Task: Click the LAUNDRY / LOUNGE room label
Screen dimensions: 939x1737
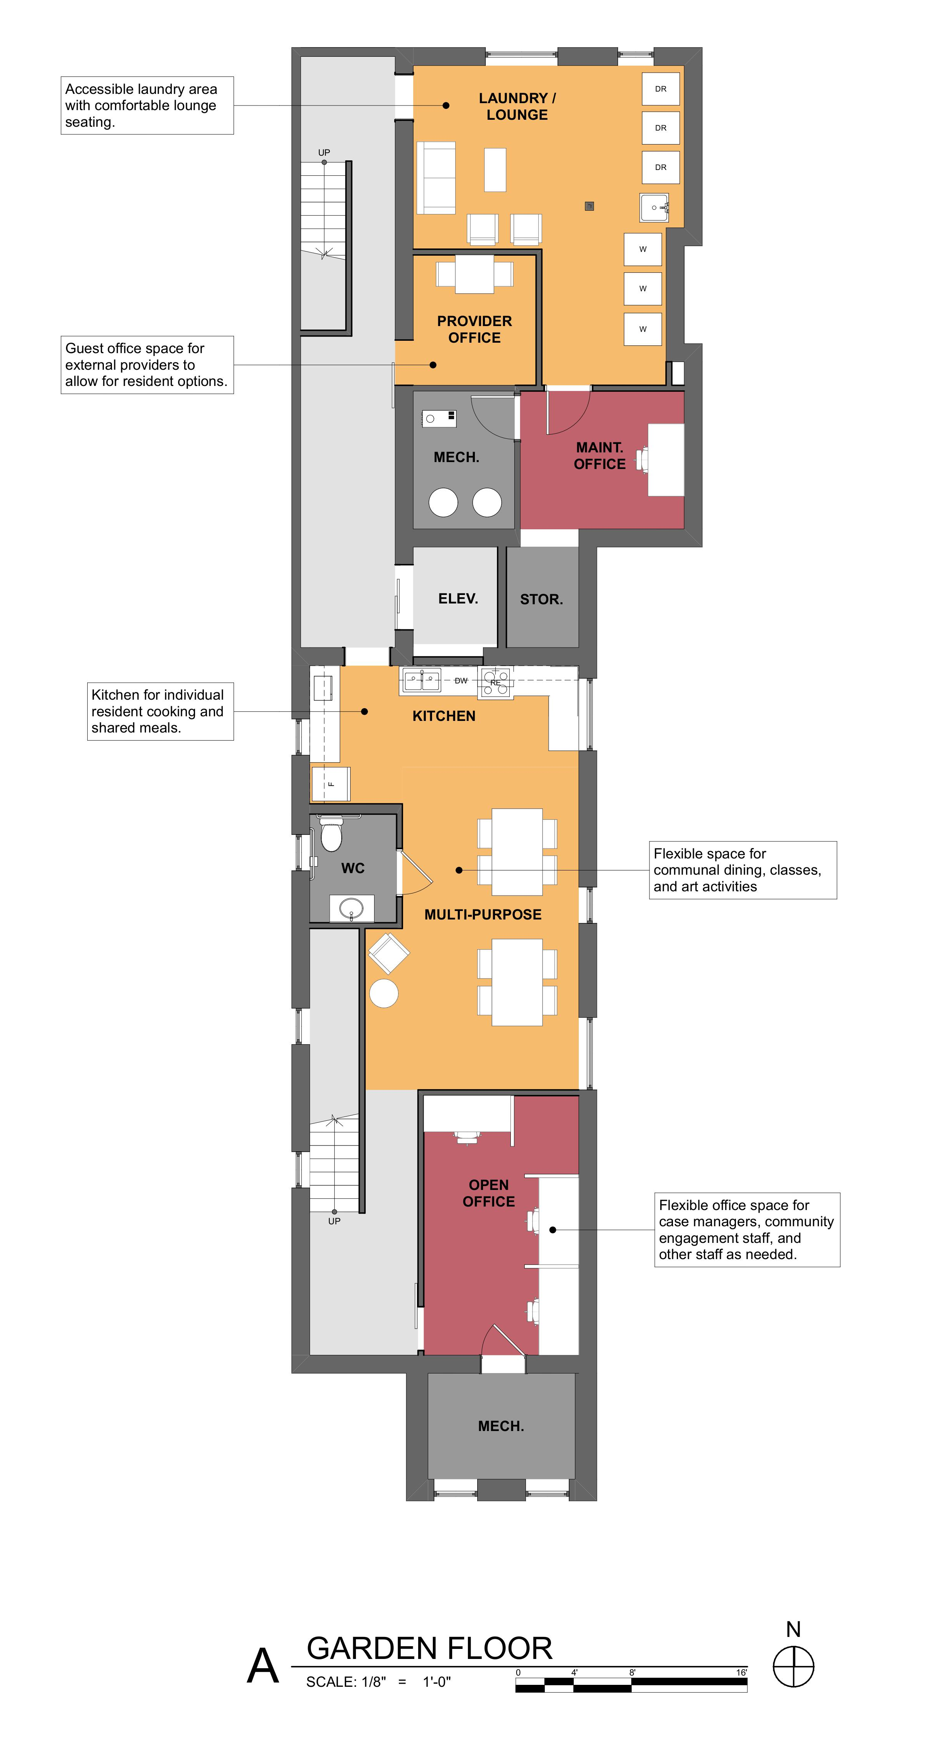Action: coord(517,107)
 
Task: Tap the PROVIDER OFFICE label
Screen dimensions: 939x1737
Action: coord(475,329)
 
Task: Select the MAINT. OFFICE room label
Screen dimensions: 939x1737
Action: coord(599,456)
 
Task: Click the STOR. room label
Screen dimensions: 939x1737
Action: coord(541,600)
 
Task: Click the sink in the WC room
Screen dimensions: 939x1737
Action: coord(351,908)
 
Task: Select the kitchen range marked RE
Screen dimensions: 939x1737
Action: coord(495,682)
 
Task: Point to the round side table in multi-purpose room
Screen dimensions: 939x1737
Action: coord(383,993)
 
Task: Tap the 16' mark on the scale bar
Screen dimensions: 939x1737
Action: coord(741,1672)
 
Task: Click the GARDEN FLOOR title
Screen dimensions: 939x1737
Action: coord(429,1648)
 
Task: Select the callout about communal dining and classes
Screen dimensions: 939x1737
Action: coord(743,870)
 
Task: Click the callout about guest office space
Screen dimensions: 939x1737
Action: coord(147,365)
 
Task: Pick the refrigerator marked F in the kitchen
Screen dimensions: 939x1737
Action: coord(330,784)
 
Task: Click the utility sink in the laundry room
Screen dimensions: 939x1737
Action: coord(654,207)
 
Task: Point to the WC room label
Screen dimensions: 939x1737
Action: coord(353,868)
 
